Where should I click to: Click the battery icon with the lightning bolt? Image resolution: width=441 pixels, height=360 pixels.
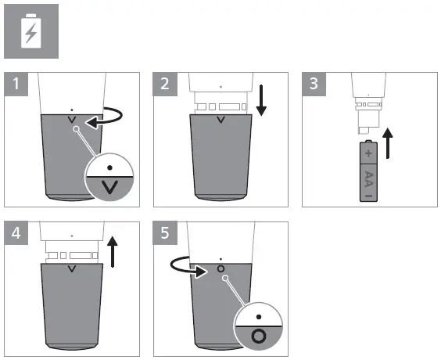click(x=31, y=31)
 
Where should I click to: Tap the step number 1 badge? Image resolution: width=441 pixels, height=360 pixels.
click(x=16, y=84)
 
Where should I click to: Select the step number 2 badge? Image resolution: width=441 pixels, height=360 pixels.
click(x=165, y=84)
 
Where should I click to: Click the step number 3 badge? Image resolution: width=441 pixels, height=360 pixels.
click(x=314, y=84)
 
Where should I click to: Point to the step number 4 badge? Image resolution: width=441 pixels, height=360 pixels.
click(x=16, y=233)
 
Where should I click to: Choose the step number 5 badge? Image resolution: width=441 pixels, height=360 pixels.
click(x=165, y=233)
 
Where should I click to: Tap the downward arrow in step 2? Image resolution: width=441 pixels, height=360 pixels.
click(x=261, y=100)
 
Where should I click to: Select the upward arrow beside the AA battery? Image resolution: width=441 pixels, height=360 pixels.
click(x=388, y=143)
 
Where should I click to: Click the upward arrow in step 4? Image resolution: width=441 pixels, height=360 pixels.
click(x=113, y=252)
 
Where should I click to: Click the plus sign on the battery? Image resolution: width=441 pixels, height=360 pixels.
click(x=368, y=153)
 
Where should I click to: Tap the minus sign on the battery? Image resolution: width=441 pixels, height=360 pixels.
click(x=369, y=196)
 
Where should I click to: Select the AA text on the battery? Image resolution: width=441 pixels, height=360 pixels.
click(x=369, y=179)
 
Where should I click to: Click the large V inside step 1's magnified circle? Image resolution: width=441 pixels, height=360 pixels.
click(x=109, y=187)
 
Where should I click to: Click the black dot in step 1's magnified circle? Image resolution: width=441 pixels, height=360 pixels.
click(x=110, y=167)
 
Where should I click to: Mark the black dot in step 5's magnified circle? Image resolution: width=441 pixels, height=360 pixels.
click(x=259, y=317)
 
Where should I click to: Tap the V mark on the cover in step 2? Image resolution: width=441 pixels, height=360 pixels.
click(x=220, y=121)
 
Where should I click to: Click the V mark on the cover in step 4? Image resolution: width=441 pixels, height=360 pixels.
click(x=72, y=269)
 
